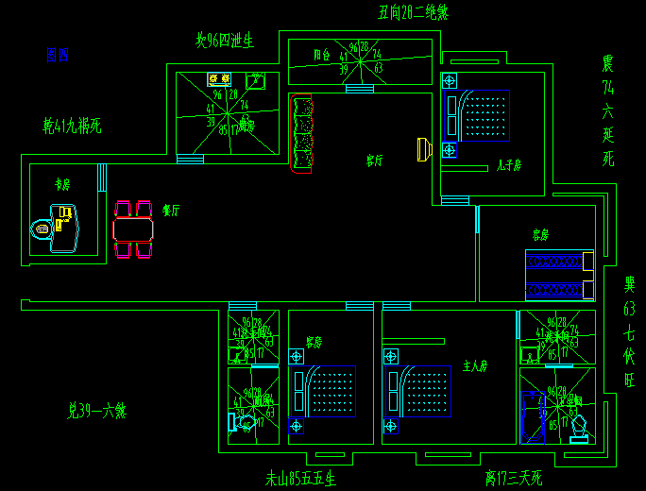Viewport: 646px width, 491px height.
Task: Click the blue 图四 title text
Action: pos(57,56)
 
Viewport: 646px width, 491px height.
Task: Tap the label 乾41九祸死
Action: pos(72,125)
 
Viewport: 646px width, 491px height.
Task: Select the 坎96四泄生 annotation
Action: pos(225,41)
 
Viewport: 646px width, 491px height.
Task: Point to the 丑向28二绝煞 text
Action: pos(413,12)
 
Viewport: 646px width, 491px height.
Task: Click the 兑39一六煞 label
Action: pos(96,411)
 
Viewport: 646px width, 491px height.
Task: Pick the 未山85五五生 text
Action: pos(300,479)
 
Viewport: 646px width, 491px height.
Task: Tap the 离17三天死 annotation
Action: pos(514,479)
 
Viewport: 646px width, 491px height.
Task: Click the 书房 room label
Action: pos(62,185)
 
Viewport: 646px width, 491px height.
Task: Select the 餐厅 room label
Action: pos(171,210)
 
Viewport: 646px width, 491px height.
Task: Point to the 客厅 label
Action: pos(375,161)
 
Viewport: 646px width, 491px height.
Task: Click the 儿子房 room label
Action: pos(509,165)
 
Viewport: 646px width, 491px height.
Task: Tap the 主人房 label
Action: pos(474,365)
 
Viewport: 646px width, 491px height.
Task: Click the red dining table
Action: pos(133,229)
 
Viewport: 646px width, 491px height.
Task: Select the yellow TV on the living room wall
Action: pos(423,148)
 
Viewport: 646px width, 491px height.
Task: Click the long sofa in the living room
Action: pos(302,135)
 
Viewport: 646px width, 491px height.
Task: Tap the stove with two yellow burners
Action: pos(220,80)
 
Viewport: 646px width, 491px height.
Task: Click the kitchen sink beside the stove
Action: pos(255,81)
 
